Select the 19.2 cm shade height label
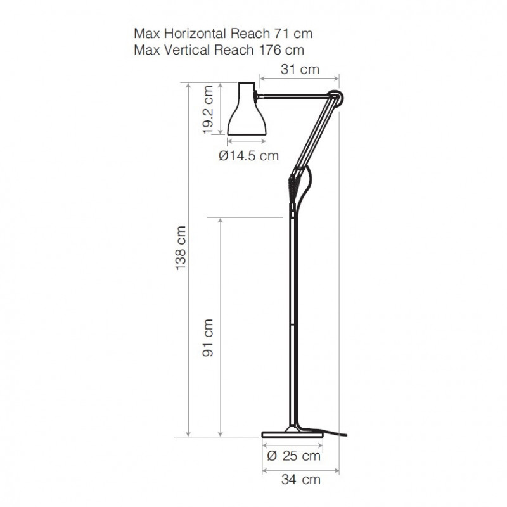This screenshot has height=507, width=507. (208, 110)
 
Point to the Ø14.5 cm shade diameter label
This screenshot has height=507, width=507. (248, 155)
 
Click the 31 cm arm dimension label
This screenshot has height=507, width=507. (299, 70)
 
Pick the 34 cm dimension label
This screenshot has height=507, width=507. (301, 480)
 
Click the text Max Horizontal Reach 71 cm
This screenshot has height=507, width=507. (223, 34)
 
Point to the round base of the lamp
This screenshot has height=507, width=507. (292, 434)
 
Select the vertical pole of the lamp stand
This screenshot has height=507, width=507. (292, 317)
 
